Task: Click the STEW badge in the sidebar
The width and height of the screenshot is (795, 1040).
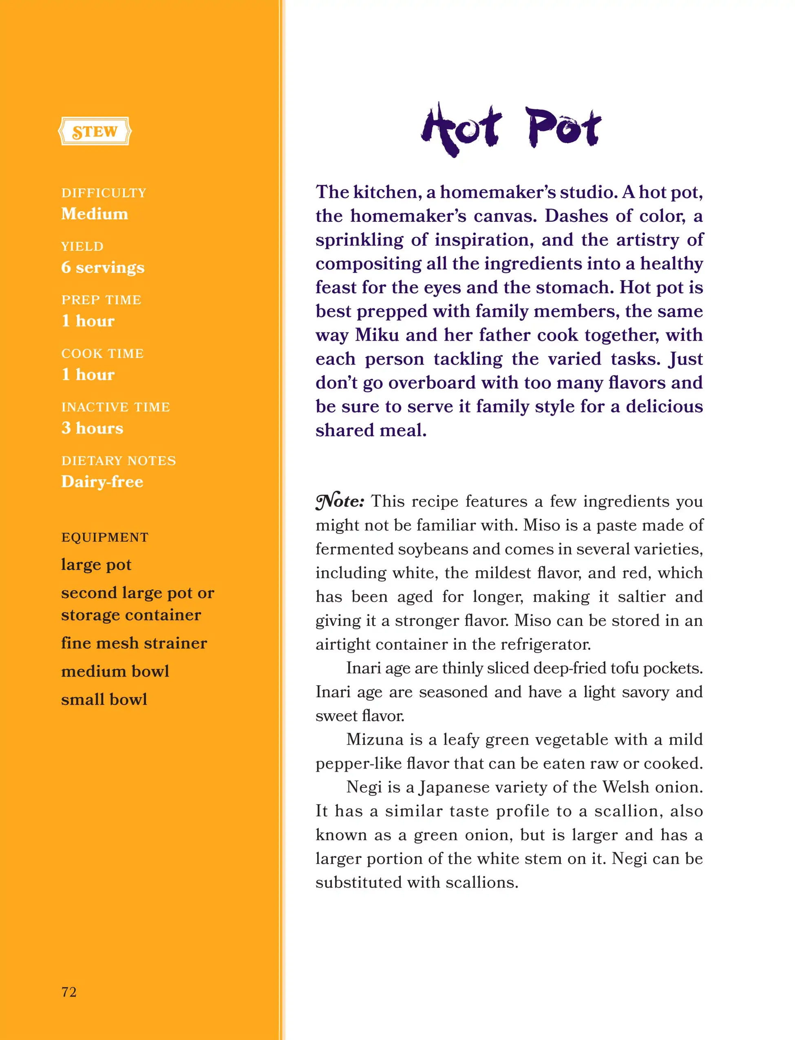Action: tap(95, 131)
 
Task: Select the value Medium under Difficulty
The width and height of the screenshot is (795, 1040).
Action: tap(95, 214)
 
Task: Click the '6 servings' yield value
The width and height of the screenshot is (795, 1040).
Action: tap(103, 268)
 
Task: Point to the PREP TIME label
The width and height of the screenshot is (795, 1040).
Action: tap(101, 300)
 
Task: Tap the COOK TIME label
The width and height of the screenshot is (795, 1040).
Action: tap(102, 353)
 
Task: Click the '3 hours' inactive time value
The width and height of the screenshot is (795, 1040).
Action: tap(92, 428)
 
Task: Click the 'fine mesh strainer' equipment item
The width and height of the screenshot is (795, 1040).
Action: tap(134, 643)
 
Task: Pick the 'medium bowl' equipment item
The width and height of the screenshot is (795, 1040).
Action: tap(115, 671)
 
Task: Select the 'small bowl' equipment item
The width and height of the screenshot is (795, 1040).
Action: tap(104, 699)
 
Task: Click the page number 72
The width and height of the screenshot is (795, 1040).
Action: tap(69, 992)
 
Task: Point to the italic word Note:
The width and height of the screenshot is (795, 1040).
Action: tap(340, 501)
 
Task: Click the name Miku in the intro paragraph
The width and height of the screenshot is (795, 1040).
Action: tap(377, 335)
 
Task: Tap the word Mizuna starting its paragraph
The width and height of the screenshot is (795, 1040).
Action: tap(375, 739)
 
